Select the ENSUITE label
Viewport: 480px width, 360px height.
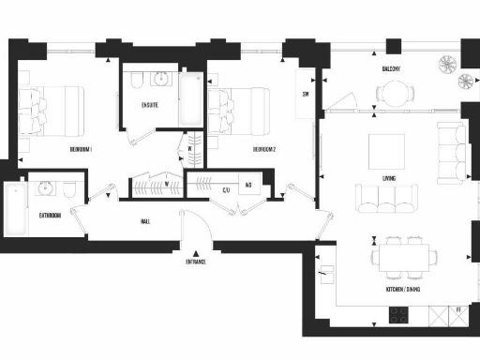pos(149,104)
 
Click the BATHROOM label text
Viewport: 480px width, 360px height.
pos(50,216)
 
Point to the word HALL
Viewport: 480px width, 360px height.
pos(146,221)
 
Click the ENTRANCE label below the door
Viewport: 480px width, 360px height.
pos(196,262)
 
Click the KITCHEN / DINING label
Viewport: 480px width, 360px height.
pos(402,290)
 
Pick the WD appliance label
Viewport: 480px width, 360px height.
pos(249,186)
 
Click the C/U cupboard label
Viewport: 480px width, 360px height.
pos(226,190)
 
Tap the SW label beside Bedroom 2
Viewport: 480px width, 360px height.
pos(306,95)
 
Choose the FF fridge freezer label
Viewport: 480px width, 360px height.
pos(459,309)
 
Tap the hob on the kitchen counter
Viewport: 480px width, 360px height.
pos(396,316)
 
